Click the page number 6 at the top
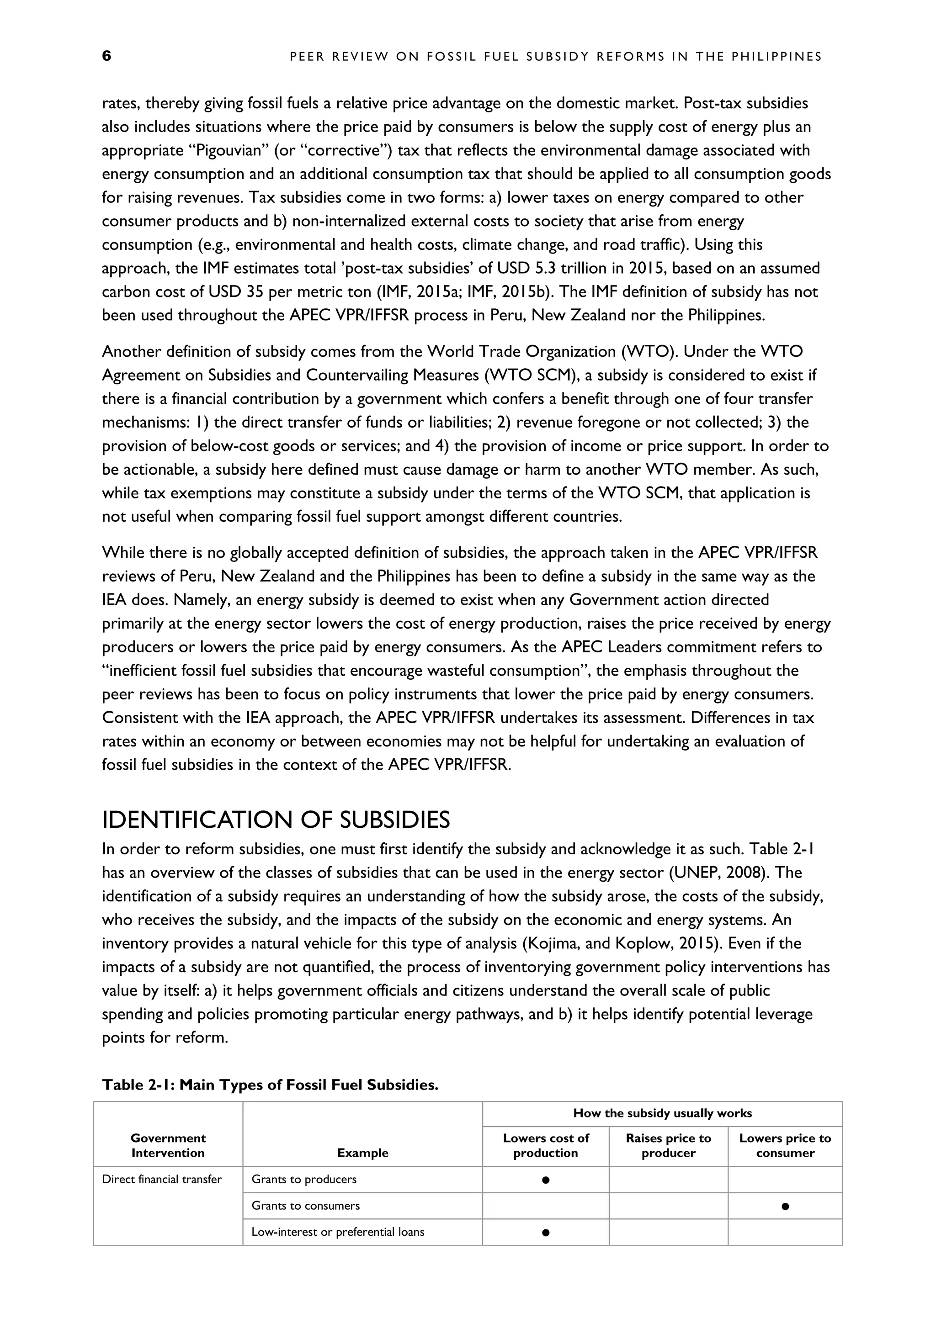tap(106, 56)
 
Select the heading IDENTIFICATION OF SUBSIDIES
tap(276, 820)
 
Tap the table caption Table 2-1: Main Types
tap(270, 1085)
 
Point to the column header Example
tap(362, 1153)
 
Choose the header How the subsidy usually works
tap(662, 1113)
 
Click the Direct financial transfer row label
tap(161, 1180)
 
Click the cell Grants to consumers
tap(305, 1206)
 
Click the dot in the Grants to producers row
tap(545, 1180)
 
